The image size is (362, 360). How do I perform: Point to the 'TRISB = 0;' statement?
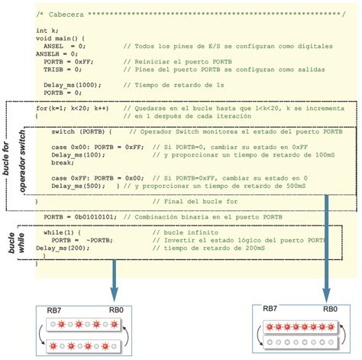tap(63, 68)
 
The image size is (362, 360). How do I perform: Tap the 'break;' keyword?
tap(61, 162)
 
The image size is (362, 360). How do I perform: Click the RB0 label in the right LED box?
tap(329, 310)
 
